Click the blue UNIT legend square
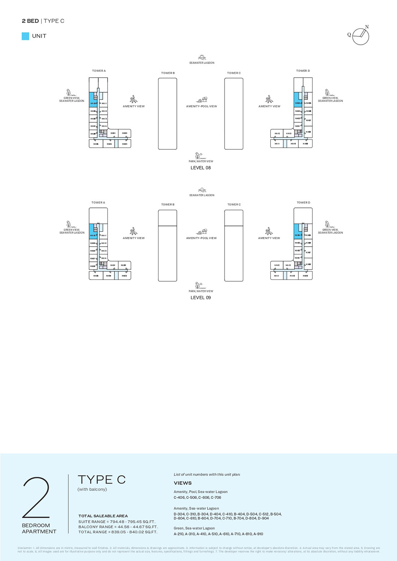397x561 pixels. coord(25,36)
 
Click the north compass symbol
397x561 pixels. coord(360,36)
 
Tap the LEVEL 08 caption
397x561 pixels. coord(201,168)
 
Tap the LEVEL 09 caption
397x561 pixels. coord(201,298)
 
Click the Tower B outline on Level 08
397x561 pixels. coord(167,114)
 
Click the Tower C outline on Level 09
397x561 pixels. coord(234,245)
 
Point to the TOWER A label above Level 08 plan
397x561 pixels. coord(99,71)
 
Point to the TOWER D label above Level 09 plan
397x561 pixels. coord(304,203)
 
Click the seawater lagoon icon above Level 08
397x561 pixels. coord(202,57)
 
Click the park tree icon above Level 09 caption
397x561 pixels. coord(198,285)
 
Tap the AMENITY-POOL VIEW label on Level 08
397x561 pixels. coord(201,106)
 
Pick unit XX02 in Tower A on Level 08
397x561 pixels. coord(125,133)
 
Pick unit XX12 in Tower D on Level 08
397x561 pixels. coord(277,133)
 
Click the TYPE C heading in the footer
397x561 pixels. coord(102,479)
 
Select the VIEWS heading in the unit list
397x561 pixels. coord(183,483)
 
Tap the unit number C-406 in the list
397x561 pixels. coord(179,498)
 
